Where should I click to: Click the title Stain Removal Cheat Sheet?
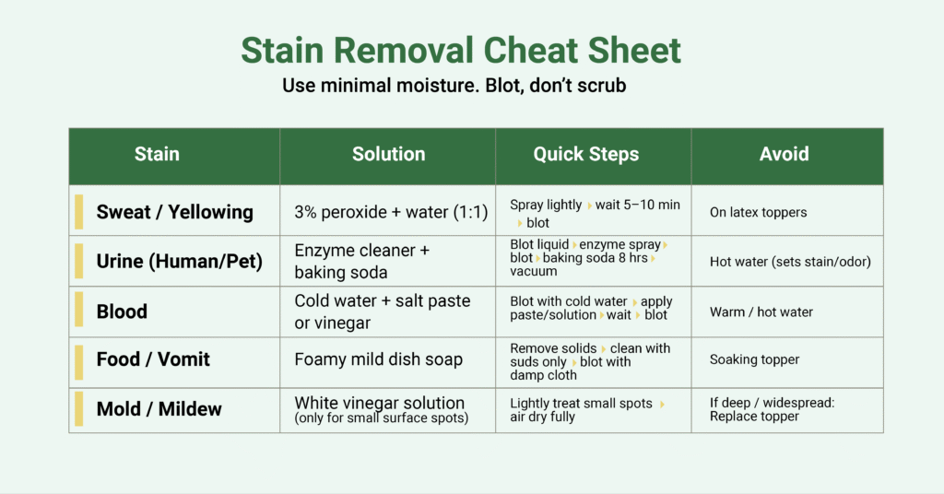click(x=461, y=50)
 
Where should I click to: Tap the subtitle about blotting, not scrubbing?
click(x=454, y=87)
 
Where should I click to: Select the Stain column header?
click(x=157, y=154)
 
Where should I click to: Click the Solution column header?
click(x=388, y=154)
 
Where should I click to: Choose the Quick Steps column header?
click(x=585, y=154)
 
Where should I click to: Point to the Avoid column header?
click(x=784, y=154)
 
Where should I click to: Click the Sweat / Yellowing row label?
click(x=174, y=212)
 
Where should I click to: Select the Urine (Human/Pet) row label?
click(x=179, y=262)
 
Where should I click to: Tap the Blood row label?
click(x=122, y=312)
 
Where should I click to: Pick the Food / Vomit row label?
click(x=153, y=359)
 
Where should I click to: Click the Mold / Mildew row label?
click(x=159, y=408)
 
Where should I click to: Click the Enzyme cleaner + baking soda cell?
click(x=362, y=261)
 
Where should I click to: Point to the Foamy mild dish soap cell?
click(x=378, y=359)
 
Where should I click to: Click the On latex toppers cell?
click(x=758, y=212)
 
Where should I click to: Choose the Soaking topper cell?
click(x=754, y=359)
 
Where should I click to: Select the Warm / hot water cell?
click(x=761, y=312)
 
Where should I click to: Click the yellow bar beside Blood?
click(x=79, y=311)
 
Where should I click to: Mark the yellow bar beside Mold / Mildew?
click(x=79, y=408)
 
